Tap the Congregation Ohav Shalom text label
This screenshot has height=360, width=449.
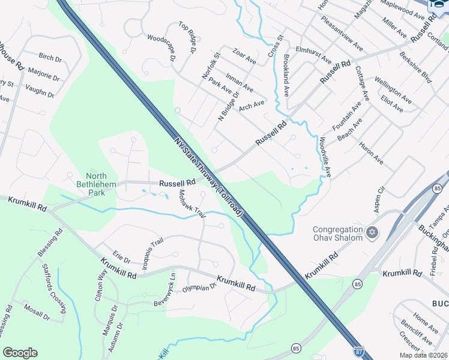338,233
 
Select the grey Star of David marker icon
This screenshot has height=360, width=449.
372,232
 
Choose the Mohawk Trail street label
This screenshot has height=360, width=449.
192,205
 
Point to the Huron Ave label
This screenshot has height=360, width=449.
371,153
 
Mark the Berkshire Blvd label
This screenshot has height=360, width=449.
415,67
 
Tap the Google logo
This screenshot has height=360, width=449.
20,353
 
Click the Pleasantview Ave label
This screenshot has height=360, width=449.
342,37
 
